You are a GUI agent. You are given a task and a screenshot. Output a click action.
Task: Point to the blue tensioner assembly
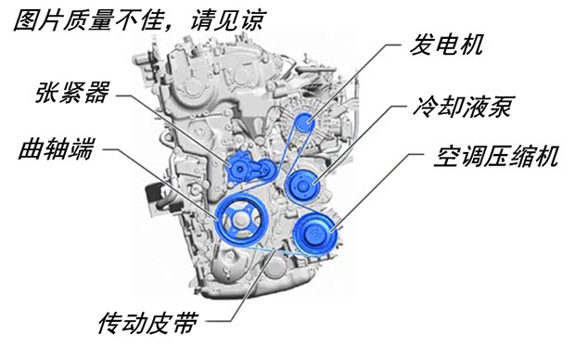click(x=244, y=167)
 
